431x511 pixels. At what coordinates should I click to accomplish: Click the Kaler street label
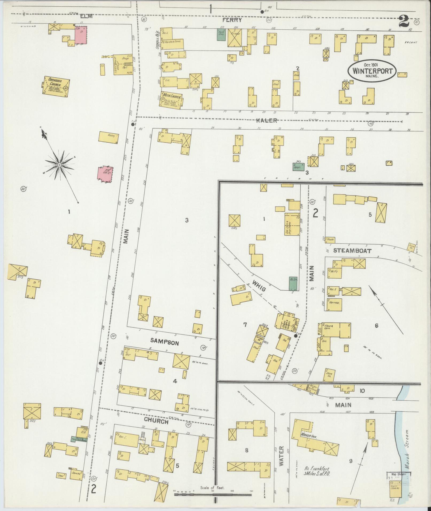coord(267,120)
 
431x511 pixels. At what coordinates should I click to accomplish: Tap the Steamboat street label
coord(352,251)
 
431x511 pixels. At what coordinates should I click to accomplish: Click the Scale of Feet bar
coord(213,494)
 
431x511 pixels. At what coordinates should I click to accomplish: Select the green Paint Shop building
coord(221,35)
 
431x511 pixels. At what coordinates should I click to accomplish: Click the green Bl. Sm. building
coord(293,283)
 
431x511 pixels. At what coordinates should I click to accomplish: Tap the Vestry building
coord(108,137)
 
